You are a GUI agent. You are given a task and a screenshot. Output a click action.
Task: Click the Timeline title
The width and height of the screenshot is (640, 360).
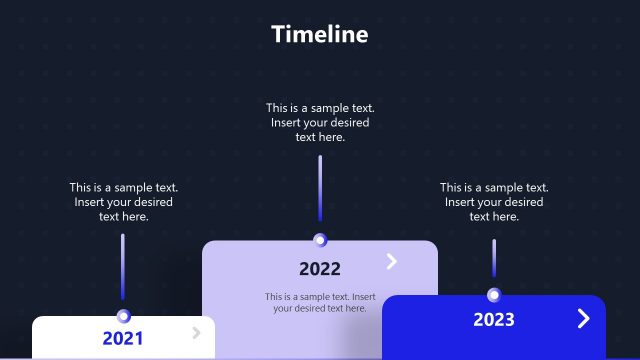[x=320, y=34]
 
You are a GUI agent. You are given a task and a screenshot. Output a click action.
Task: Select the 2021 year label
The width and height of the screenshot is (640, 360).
[x=123, y=338]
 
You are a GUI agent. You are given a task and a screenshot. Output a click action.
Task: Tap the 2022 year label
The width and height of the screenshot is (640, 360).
[x=320, y=268]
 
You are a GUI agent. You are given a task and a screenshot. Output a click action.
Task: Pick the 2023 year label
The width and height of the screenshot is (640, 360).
[x=494, y=320]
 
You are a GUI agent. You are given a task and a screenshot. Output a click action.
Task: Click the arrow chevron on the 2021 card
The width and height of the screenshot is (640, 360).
[x=197, y=332]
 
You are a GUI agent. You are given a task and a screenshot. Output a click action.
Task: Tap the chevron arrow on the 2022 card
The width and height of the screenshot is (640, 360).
[x=392, y=261]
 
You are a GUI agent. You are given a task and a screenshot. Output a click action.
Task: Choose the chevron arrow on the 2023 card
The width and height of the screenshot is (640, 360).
[x=584, y=318]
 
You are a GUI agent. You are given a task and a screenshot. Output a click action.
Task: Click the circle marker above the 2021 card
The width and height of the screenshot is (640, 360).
[x=124, y=315]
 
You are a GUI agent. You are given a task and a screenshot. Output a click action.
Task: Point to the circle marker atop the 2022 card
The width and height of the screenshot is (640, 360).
[x=320, y=240]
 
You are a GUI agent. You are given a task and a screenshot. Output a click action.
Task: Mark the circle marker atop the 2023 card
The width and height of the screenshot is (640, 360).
[x=494, y=295]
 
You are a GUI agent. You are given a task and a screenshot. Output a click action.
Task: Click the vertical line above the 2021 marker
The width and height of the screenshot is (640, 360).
[x=123, y=266]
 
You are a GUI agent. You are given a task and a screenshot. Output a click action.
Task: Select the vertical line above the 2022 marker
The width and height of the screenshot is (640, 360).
[x=320, y=188]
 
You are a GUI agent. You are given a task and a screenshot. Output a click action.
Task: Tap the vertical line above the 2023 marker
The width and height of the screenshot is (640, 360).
[x=494, y=258]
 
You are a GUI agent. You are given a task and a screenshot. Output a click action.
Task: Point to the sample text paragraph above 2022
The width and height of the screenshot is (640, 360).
[x=320, y=122]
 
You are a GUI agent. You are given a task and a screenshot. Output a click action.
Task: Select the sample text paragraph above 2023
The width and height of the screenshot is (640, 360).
[x=494, y=201]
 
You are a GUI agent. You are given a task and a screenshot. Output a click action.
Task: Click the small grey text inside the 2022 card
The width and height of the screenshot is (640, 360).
[x=320, y=302]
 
